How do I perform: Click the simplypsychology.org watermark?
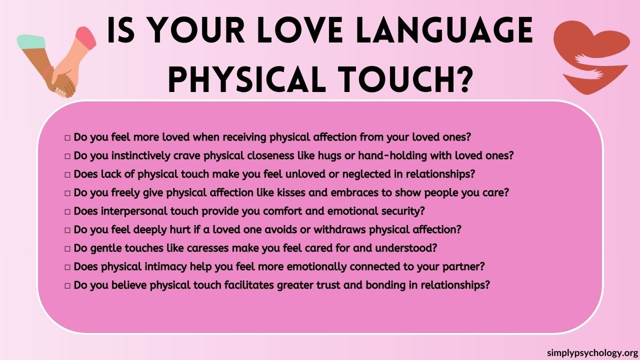tap(592, 352)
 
